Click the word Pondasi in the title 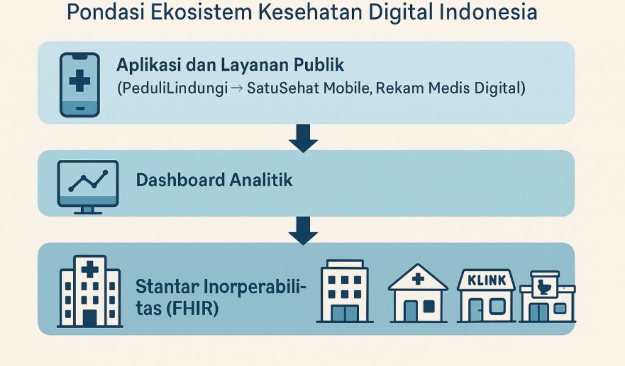[105, 12]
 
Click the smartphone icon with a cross [80, 85]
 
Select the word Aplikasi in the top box [148, 65]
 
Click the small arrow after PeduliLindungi [236, 88]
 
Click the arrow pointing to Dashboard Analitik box [303, 138]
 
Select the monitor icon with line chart [88, 187]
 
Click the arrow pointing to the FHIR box [303, 231]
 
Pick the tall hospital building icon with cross [90, 291]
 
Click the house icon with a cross [417, 293]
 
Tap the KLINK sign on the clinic [486, 281]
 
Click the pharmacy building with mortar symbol [547, 296]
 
